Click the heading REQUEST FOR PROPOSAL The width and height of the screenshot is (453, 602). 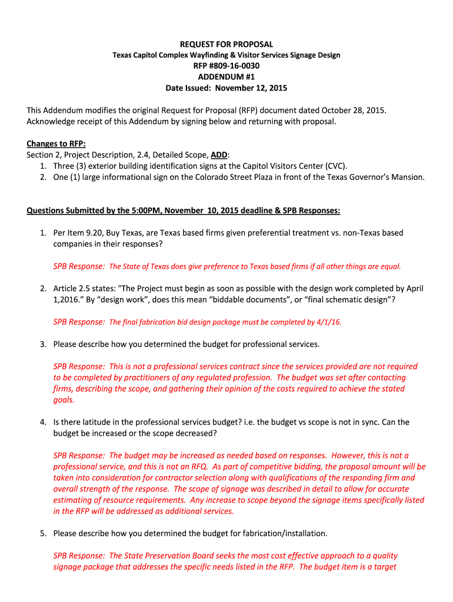coord(226,44)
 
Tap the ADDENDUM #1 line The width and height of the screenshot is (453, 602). coord(226,77)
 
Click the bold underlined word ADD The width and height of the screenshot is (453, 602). coord(219,155)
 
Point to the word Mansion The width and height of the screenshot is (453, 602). coord(405,178)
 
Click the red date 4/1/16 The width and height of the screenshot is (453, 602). coord(329,322)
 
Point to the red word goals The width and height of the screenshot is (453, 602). coord(64,400)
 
